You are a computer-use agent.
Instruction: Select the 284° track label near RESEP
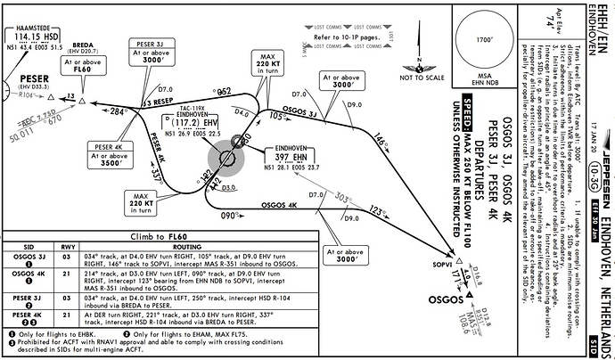[118, 113]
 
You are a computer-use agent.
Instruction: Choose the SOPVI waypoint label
[444, 266]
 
